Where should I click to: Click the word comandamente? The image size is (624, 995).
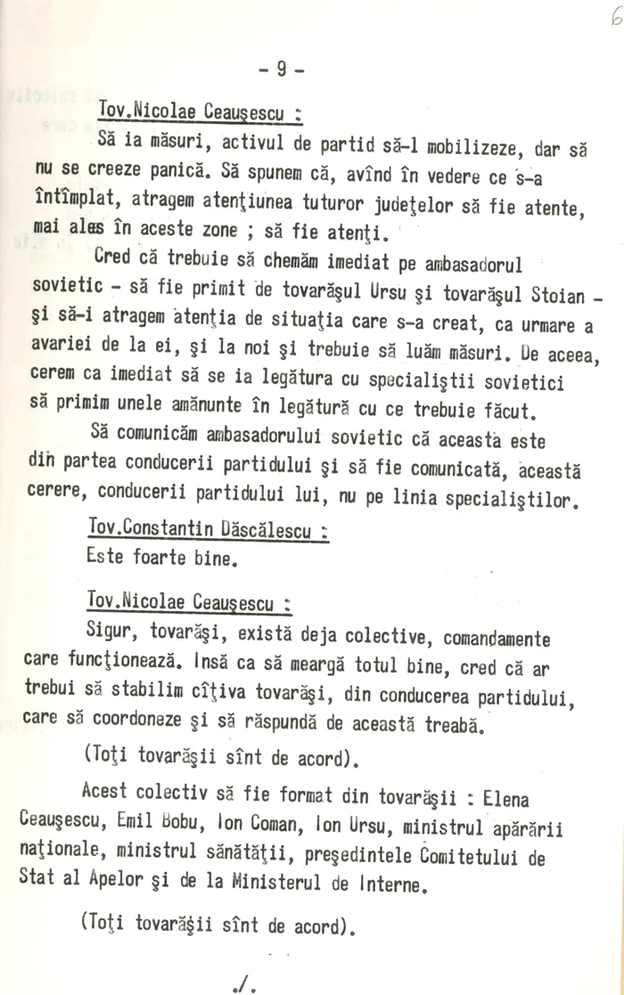click(x=499, y=640)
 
